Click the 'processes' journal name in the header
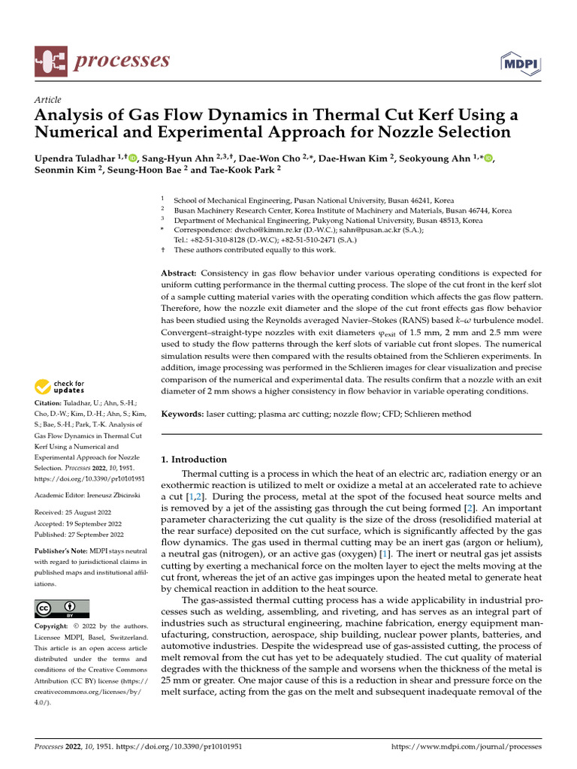121,60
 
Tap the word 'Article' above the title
48,100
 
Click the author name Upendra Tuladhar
75,158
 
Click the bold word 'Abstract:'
180,273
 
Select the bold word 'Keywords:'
183,414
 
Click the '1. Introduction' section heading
195,460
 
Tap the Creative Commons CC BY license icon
62,608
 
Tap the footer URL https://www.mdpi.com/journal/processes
467,747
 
